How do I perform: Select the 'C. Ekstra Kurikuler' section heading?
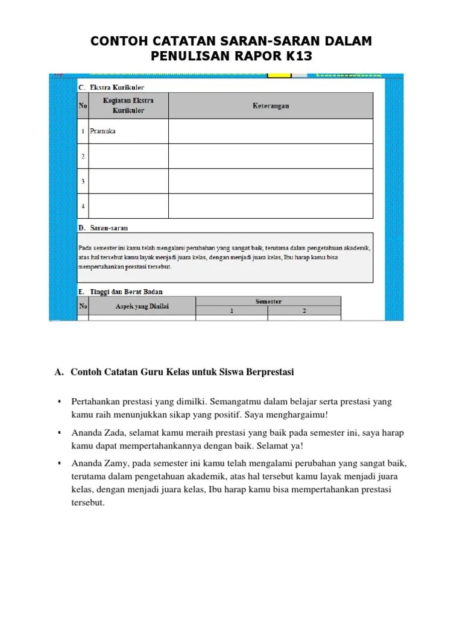112,87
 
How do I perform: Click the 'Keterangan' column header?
270,106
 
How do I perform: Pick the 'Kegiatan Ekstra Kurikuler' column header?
128,106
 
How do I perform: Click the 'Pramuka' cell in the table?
102,131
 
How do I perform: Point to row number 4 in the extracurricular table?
83,206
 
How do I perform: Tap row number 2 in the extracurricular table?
83,156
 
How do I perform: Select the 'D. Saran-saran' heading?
103,228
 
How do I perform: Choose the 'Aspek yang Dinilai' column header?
142,307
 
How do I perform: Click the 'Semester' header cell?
268,301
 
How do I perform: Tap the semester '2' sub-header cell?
304,312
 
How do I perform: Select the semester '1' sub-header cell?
231,312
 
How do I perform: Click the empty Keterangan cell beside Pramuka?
270,131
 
